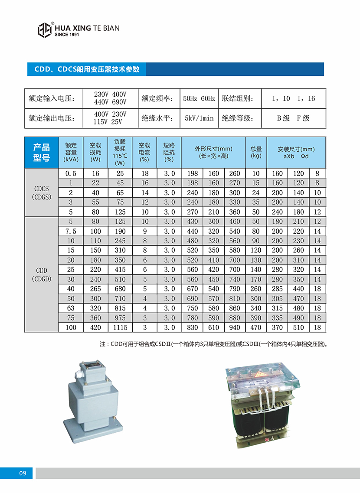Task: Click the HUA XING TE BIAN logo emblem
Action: click(45, 30)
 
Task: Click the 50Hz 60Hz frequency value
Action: click(199, 98)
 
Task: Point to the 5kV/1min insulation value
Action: click(199, 118)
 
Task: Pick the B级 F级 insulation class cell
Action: click(293, 118)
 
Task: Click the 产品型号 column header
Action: click(42, 152)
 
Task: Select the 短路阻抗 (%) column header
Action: click(169, 152)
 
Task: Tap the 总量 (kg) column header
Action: click(256, 152)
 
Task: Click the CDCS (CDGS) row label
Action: click(42, 193)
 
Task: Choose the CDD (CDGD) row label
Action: click(42, 274)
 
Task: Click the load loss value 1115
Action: click(120, 328)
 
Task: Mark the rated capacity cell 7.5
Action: click(71, 232)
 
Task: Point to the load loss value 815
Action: click(120, 308)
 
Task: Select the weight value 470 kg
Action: click(256, 328)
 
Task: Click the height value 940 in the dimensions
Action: click(235, 328)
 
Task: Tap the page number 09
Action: click(23, 473)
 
